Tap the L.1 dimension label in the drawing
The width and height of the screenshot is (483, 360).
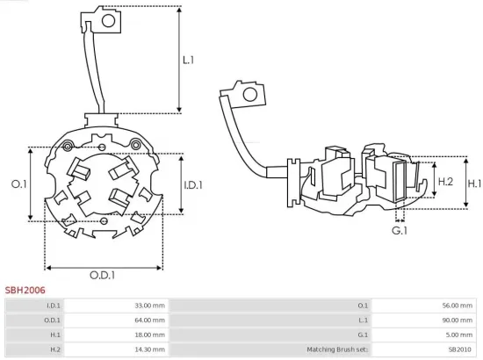(188, 61)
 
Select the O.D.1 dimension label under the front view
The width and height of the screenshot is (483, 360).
(101, 276)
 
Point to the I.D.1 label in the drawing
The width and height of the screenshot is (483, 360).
(194, 185)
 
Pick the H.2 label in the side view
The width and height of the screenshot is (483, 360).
(444, 181)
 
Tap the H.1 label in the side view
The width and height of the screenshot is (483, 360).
(474, 184)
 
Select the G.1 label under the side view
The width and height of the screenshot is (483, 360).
(400, 230)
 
